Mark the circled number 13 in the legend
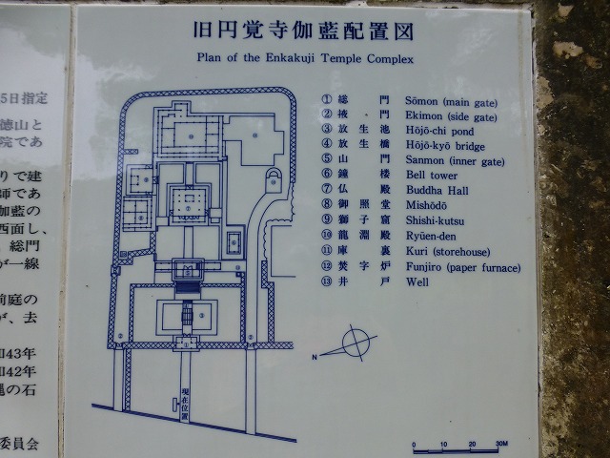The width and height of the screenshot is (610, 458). coord(326,282)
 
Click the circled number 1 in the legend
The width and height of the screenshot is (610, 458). coord(326,98)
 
